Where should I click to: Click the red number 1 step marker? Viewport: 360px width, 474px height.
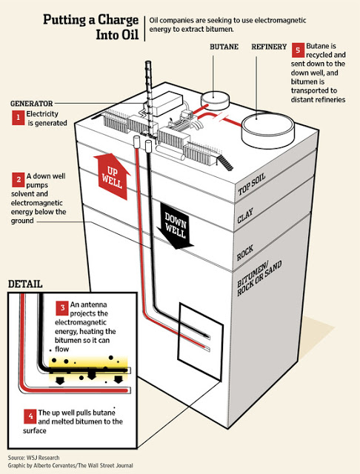point(18,117)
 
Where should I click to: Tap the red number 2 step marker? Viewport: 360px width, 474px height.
point(18,179)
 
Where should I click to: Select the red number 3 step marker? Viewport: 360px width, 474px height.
point(62,308)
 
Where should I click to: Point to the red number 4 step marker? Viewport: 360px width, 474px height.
point(30,416)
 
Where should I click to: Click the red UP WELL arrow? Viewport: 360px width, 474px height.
point(112,176)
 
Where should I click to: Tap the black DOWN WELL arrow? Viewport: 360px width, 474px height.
point(176,226)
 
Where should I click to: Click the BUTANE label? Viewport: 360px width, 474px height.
point(224,47)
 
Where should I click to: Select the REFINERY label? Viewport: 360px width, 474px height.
point(269,47)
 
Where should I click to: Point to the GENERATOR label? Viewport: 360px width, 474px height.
point(31,104)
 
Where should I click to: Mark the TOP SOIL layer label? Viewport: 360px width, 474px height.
point(252,184)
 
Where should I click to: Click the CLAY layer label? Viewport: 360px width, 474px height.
point(245,216)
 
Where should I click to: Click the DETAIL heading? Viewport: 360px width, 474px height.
point(25,284)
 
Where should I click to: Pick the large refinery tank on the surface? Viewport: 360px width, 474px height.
point(268,130)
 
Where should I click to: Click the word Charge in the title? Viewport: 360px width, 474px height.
point(117,21)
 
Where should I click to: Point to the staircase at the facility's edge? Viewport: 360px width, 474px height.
point(226,162)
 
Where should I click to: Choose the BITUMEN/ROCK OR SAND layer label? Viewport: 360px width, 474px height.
point(259,278)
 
